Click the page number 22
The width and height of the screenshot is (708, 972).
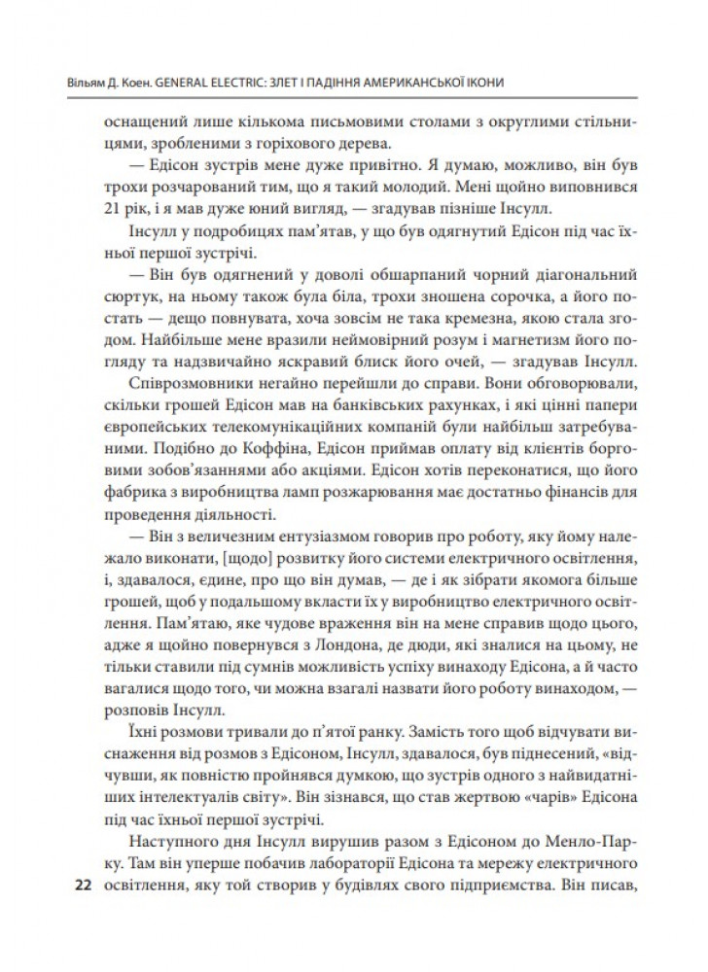coord(81,886)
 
